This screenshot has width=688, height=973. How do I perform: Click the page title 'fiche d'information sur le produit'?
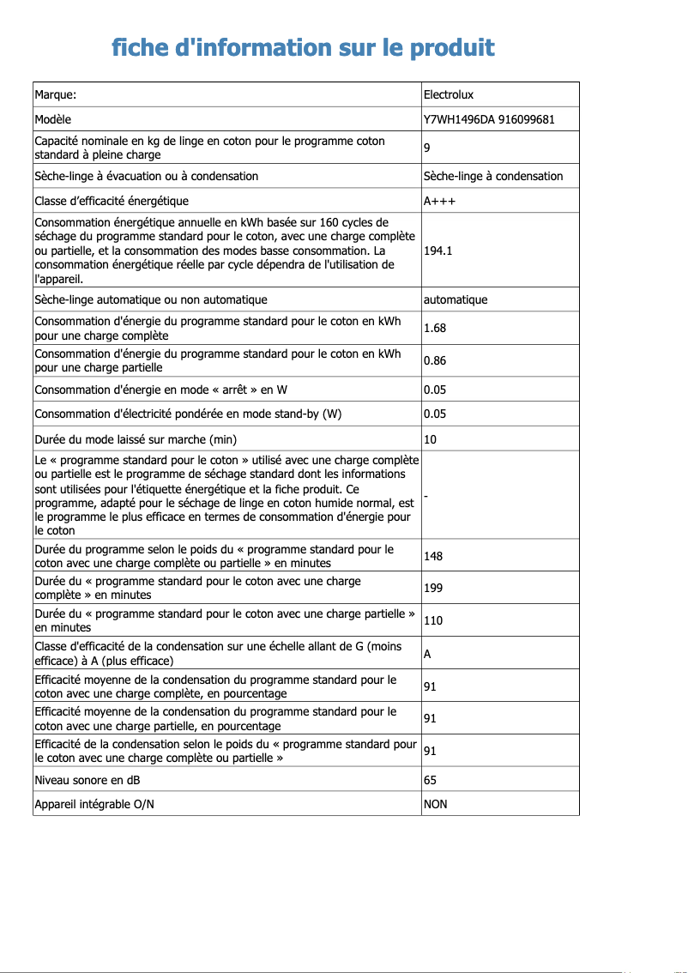click(x=303, y=46)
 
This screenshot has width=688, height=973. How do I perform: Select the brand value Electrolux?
click(x=448, y=94)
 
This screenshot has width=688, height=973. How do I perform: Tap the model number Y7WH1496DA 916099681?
click(x=488, y=119)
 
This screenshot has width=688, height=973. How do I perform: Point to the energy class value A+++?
click(x=439, y=201)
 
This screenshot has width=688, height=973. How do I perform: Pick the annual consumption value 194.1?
click(x=438, y=251)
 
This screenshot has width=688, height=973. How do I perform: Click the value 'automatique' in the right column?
click(x=455, y=300)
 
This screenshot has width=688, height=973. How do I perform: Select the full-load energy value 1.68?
click(x=434, y=329)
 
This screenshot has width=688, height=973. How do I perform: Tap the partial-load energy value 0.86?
click(x=434, y=361)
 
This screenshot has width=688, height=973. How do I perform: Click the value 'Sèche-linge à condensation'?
click(x=493, y=177)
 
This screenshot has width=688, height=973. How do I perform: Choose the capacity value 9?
click(x=427, y=148)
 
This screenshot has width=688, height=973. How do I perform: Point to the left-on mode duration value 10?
click(x=430, y=439)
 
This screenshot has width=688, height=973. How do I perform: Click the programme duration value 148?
click(x=433, y=556)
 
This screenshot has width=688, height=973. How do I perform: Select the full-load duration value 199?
click(x=433, y=589)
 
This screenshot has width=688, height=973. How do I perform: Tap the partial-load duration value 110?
click(x=433, y=620)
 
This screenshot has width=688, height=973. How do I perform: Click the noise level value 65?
click(x=430, y=780)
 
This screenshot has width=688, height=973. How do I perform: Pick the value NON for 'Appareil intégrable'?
click(x=435, y=804)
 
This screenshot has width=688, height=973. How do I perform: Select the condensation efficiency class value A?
click(x=427, y=654)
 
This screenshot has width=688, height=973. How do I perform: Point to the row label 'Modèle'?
click(x=52, y=119)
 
